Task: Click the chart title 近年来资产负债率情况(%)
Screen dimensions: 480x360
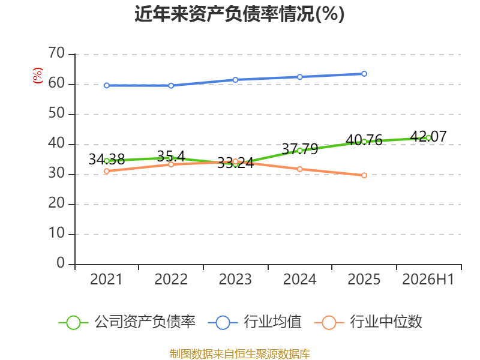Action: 239,14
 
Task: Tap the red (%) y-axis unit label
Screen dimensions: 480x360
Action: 37,76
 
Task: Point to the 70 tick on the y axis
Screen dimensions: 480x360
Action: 56,53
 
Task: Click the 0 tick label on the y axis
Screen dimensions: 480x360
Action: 61,263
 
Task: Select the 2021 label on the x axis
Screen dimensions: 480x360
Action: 106,280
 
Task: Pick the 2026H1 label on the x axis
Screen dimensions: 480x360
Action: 428,280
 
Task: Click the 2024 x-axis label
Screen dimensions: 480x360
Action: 299,280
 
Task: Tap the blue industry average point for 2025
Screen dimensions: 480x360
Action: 364,74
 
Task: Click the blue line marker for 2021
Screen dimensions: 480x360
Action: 107,85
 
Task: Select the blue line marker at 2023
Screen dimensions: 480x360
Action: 235,80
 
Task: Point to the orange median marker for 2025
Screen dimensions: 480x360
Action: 364,175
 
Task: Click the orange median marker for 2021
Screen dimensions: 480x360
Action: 107,171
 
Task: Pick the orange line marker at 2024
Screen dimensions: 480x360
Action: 299,169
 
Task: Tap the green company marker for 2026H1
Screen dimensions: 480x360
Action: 428,138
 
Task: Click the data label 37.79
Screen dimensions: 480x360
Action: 299,149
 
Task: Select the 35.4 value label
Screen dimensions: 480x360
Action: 171,157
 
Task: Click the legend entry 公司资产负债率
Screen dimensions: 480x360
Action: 127,322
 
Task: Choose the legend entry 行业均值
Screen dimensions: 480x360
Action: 254,322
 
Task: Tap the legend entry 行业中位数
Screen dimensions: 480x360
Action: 368,322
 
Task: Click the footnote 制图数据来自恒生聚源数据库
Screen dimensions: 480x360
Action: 239,354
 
